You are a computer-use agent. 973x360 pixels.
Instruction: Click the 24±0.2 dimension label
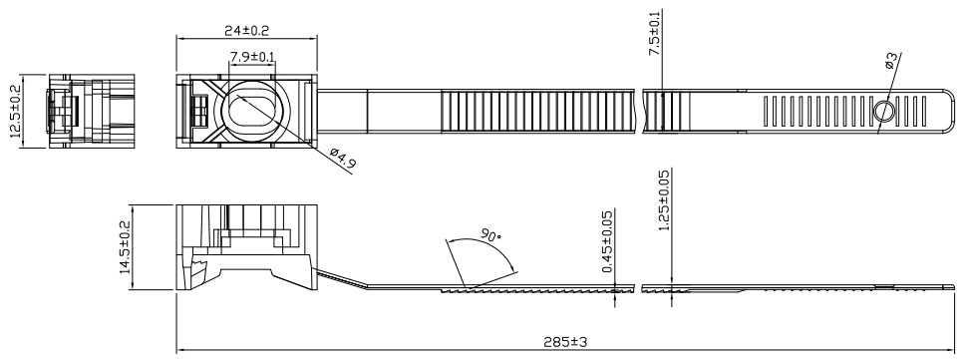(x=246, y=29)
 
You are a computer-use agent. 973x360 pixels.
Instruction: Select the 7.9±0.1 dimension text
(x=252, y=57)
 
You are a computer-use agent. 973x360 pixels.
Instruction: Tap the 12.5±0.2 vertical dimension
(x=15, y=111)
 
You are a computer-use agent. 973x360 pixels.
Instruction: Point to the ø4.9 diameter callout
(x=342, y=159)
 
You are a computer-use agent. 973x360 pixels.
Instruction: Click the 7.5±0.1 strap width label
(x=655, y=34)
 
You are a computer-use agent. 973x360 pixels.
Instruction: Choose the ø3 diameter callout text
(x=890, y=60)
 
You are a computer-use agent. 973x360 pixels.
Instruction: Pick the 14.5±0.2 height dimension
(x=124, y=247)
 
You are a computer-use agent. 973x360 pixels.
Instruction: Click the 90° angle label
(x=490, y=236)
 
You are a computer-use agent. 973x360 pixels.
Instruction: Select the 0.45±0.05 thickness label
(x=607, y=241)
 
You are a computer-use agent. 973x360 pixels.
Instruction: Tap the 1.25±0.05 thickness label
(x=664, y=200)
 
